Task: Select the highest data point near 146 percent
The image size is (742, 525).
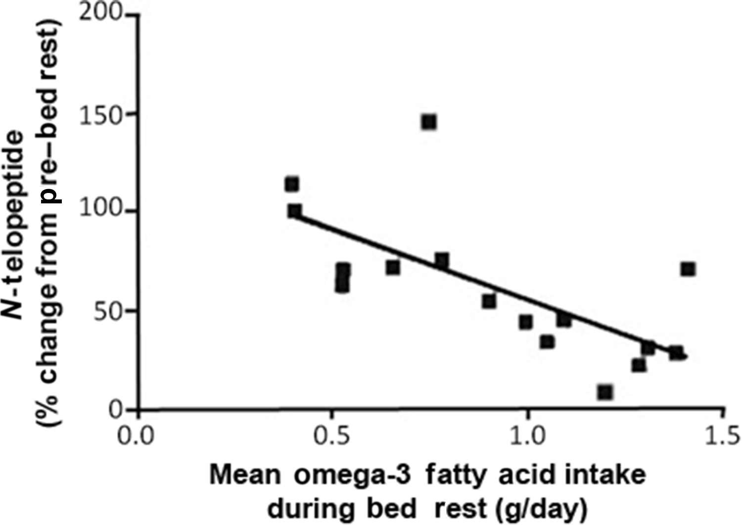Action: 429,122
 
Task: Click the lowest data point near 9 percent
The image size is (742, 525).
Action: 605,392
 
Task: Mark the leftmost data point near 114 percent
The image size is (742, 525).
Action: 292,184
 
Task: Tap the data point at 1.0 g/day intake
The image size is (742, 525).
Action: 526,322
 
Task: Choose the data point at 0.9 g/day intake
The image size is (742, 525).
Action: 489,301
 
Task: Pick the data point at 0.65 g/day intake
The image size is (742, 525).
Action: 393,268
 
